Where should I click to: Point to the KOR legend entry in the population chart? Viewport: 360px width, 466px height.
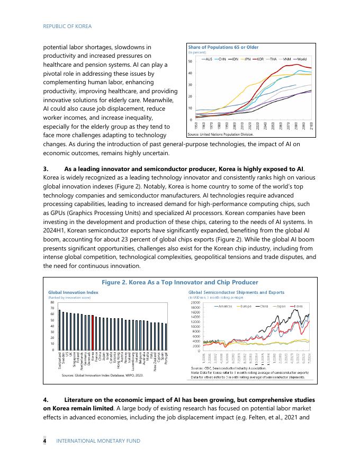(x=263, y=59)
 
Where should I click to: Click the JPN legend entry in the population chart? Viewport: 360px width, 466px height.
(x=246, y=59)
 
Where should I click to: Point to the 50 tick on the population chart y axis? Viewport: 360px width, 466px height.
(x=190, y=62)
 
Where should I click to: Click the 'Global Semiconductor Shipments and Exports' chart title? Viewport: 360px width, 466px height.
(x=236, y=292)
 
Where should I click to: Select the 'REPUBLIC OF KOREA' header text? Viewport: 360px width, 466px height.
(x=67, y=26)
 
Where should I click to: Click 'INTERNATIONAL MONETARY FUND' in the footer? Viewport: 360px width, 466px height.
(x=98, y=441)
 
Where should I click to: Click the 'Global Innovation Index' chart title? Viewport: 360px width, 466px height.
(x=73, y=292)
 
